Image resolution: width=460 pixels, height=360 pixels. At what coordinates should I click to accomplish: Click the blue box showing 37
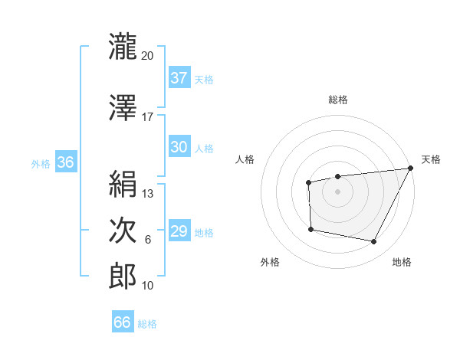(179, 78)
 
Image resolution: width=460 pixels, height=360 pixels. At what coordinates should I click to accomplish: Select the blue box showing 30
(179, 148)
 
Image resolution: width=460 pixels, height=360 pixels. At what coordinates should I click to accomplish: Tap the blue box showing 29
(179, 231)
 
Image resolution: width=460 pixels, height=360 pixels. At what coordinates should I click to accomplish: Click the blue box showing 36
(65, 162)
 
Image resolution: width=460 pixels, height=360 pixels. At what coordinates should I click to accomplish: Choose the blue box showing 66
(123, 322)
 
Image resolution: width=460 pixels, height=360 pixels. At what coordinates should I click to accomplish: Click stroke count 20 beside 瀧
(148, 56)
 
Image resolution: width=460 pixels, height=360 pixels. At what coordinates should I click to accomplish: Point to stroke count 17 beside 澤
(148, 116)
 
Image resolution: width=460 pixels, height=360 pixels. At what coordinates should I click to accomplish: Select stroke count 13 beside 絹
(148, 194)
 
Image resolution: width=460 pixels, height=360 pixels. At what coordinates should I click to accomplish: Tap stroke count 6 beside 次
(148, 241)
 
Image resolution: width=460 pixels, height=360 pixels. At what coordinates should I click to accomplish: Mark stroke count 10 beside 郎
(148, 286)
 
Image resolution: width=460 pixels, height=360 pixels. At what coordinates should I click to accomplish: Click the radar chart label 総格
(337, 100)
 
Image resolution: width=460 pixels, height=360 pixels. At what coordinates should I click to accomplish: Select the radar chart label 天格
(431, 159)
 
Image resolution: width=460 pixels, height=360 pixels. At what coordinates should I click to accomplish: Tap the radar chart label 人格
(245, 159)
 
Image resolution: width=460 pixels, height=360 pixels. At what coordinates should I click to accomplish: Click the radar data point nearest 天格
(410, 168)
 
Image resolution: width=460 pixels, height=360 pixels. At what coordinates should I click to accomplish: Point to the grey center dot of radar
(337, 191)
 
